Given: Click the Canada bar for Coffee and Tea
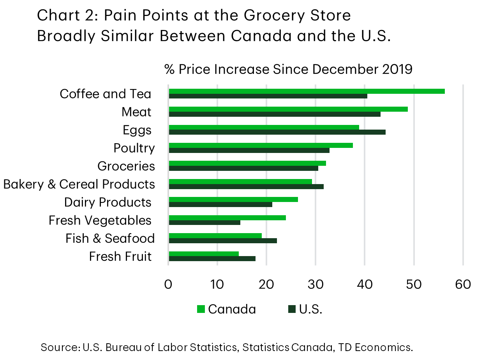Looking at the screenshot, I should (x=307, y=91).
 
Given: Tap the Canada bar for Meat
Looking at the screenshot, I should (x=288, y=109).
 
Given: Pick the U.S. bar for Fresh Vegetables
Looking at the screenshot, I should (x=204, y=223).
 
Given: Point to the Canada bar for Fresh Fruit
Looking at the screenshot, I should (x=204, y=254).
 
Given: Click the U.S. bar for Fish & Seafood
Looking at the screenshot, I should (x=223, y=241).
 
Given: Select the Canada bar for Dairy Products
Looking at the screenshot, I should (x=233, y=200).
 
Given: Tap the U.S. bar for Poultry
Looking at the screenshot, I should (x=249, y=150).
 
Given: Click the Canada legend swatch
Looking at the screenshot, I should (x=201, y=309).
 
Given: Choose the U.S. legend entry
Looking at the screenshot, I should (x=305, y=309).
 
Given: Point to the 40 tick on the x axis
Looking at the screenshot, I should (x=365, y=284).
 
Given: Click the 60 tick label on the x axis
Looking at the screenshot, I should (x=463, y=284).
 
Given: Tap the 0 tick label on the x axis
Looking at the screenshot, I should (x=168, y=284).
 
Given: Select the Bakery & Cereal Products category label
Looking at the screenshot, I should (x=79, y=184).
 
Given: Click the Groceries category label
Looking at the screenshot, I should (x=126, y=166).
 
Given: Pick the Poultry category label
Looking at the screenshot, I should (x=134, y=148).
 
